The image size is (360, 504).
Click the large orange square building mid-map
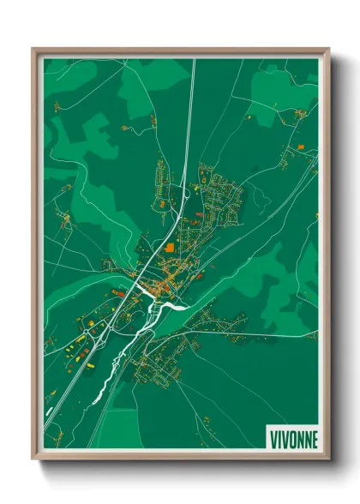(x=169, y=247)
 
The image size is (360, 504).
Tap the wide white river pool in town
(x=173, y=304)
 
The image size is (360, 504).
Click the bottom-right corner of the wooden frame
(x=328, y=458)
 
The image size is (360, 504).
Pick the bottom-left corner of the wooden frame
(x=33, y=458)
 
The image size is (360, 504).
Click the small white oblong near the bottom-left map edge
(x=47, y=418)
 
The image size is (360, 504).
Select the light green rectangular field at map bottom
(x=120, y=429)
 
